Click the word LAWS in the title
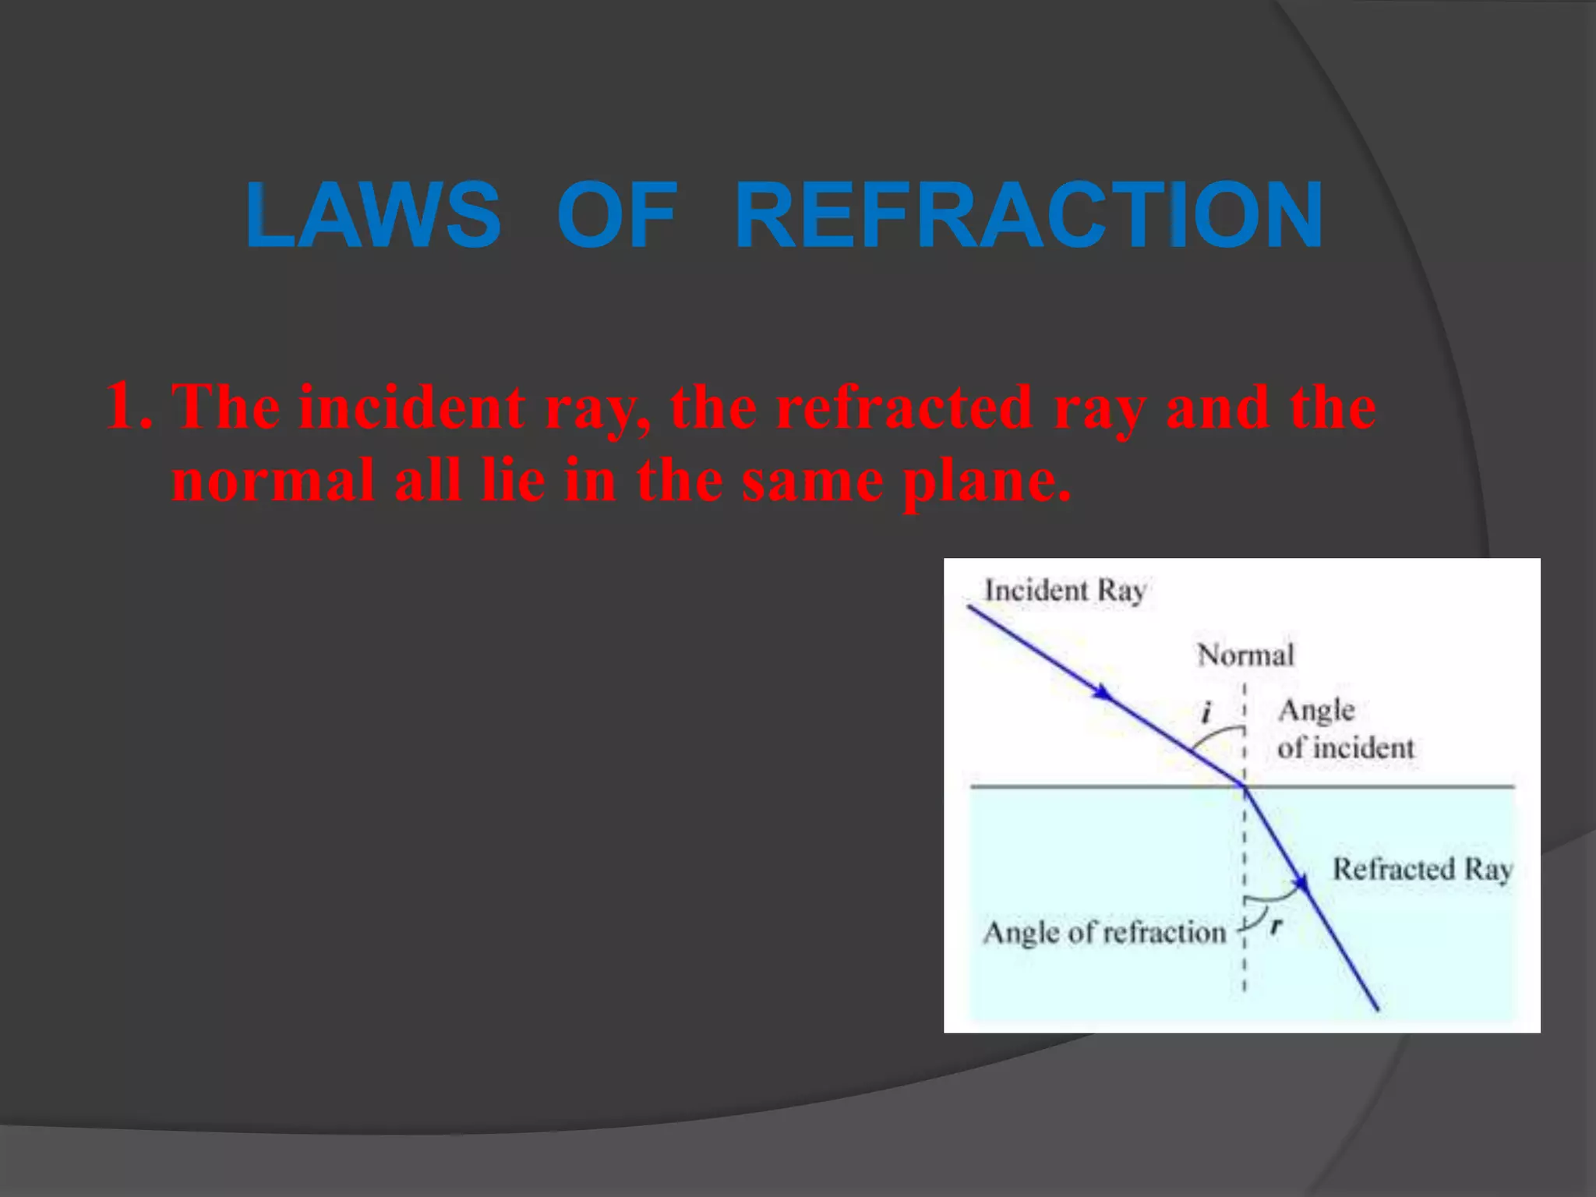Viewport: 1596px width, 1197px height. [373, 215]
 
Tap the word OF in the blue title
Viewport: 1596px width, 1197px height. [617, 215]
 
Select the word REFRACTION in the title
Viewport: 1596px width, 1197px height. [1029, 215]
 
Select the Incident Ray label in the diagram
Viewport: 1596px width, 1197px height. [1065, 591]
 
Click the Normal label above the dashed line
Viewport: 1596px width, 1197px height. [1245, 655]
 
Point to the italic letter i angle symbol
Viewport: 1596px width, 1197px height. [1206, 711]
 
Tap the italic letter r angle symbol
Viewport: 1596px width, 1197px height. [1276, 926]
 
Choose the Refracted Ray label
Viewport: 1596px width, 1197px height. [1423, 869]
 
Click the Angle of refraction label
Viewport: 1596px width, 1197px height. [1104, 933]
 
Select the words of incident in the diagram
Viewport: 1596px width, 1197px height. [1346, 748]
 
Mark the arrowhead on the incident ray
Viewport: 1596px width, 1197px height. [1103, 692]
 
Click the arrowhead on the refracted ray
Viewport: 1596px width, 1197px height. [1300, 883]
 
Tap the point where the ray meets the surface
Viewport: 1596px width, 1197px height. [1245, 787]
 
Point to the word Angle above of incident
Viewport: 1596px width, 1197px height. [1316, 711]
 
